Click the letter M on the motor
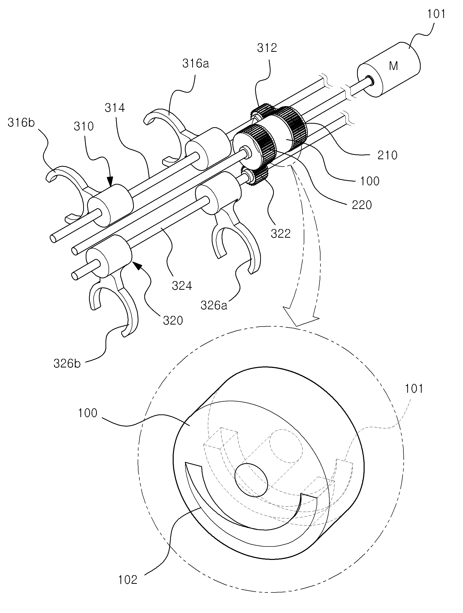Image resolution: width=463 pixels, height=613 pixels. (393, 66)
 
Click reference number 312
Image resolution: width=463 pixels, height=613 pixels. (267, 48)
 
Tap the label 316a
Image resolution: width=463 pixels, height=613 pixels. (196, 63)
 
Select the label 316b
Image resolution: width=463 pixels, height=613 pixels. (21, 122)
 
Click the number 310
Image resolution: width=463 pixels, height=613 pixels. (84, 126)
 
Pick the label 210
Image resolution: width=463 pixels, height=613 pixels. (387, 155)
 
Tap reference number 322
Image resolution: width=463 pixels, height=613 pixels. (281, 234)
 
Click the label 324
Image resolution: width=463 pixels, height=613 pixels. (182, 286)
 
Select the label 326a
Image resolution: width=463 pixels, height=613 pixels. (214, 305)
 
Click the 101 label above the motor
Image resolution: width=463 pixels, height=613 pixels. (436, 13)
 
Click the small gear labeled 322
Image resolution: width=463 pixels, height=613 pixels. (255, 176)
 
